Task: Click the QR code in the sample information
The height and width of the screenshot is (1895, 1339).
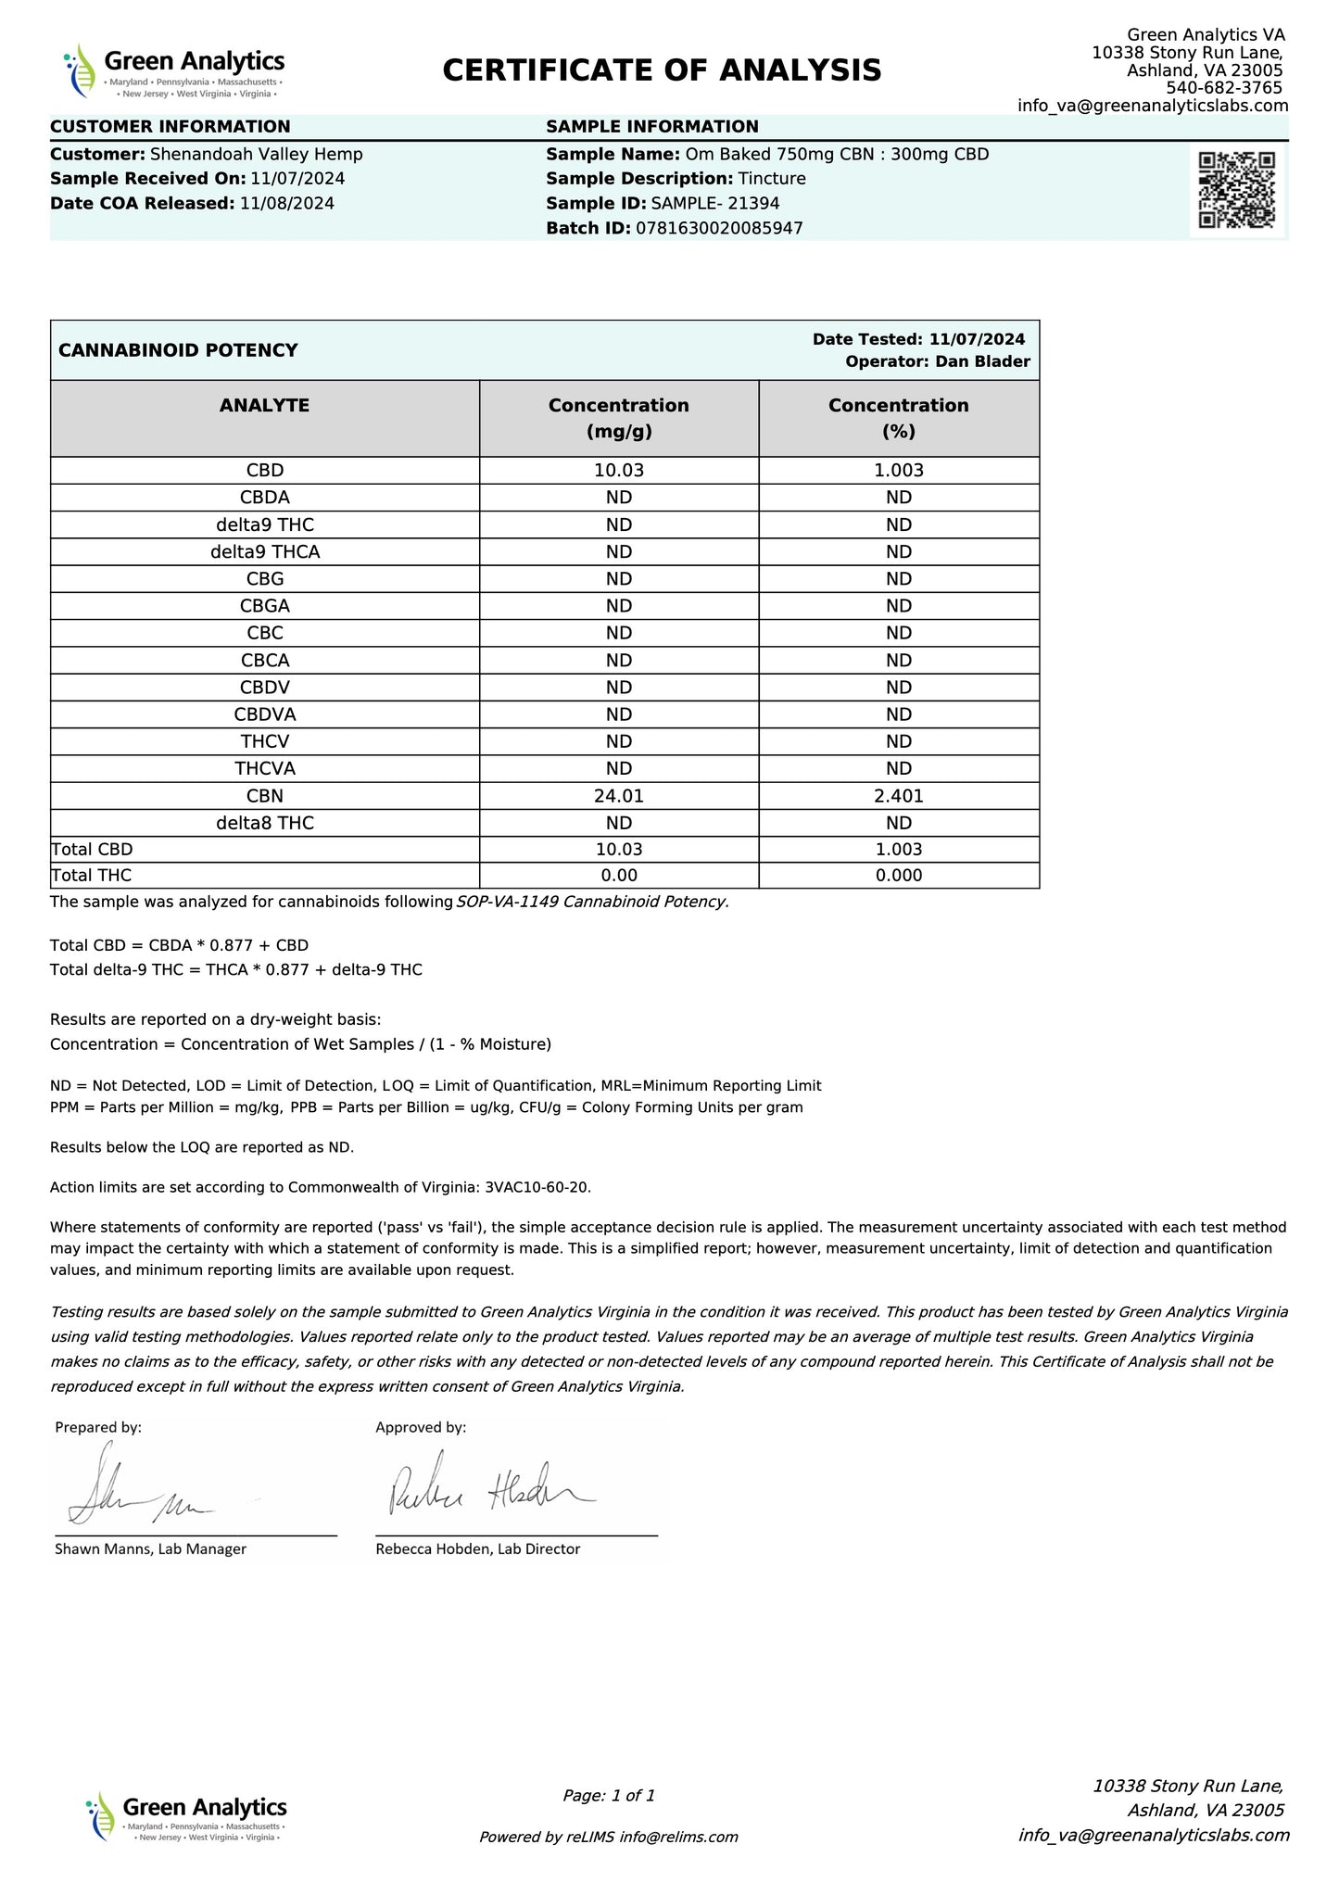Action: [1236, 189]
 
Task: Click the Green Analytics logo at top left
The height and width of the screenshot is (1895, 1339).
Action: [174, 70]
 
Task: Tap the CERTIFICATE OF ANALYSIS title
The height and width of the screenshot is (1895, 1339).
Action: [662, 70]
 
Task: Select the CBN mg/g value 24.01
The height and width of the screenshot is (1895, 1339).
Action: [618, 795]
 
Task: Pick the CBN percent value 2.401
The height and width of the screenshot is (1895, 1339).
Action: [898, 795]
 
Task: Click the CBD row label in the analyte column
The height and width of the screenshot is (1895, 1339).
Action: [264, 470]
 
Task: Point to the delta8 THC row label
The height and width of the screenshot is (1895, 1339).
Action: [264, 823]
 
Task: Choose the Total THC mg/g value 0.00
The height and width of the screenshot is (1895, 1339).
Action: [618, 876]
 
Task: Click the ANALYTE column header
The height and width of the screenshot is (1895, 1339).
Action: [264, 405]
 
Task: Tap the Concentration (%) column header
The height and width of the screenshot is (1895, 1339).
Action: [898, 418]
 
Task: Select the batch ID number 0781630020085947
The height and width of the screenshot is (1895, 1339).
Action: [719, 228]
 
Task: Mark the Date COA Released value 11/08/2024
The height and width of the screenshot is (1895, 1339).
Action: [287, 203]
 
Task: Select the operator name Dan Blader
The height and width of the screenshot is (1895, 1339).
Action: [982, 361]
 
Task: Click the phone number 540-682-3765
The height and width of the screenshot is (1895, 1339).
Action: [1224, 88]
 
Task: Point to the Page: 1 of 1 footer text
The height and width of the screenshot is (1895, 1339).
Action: [609, 1795]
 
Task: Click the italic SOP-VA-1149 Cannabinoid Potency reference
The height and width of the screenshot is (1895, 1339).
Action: [593, 902]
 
